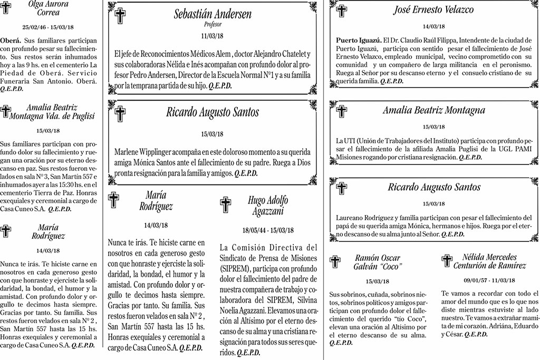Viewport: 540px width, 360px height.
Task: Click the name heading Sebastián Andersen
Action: click(x=213, y=14)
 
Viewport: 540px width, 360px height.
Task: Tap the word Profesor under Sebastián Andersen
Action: click(x=213, y=24)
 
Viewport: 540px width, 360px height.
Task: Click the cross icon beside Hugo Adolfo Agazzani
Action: click(x=226, y=205)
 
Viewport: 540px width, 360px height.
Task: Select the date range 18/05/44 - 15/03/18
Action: click(x=268, y=230)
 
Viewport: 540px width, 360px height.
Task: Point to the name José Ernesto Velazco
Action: click(x=433, y=10)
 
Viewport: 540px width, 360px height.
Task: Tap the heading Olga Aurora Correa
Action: click(x=47, y=8)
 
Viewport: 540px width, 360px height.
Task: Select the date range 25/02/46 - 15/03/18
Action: click(x=48, y=26)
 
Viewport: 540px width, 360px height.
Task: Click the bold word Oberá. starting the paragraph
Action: click(x=11, y=40)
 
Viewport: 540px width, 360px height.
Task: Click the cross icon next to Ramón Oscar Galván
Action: click(x=335, y=261)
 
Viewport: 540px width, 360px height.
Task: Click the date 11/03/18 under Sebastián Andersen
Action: click(x=213, y=36)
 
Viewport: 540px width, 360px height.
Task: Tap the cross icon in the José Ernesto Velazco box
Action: click(x=342, y=11)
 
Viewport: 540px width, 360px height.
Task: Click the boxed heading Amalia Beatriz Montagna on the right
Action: click(x=433, y=111)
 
